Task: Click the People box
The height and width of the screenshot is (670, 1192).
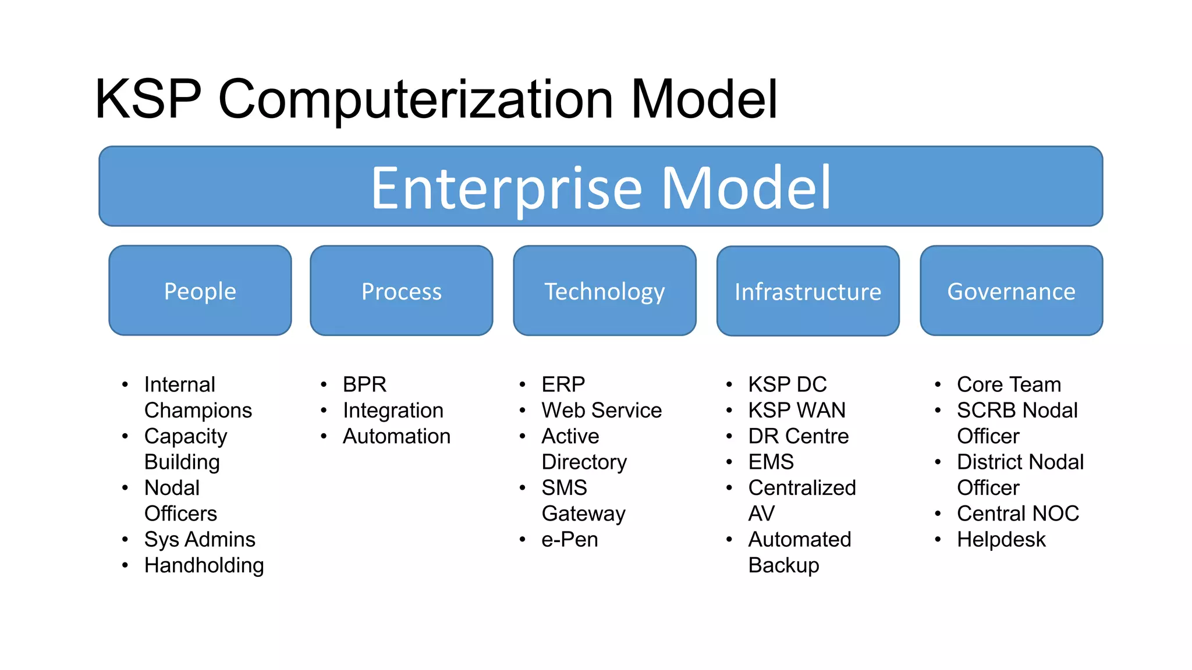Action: click(x=200, y=291)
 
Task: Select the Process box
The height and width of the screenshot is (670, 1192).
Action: click(x=402, y=291)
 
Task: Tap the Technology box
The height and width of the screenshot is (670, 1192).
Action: click(x=605, y=291)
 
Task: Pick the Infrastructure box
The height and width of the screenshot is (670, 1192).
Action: click(x=808, y=291)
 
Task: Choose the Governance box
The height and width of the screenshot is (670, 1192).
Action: click(x=1012, y=291)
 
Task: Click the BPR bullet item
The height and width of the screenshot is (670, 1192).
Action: click(x=364, y=384)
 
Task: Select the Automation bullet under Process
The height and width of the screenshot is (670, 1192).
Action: click(x=396, y=436)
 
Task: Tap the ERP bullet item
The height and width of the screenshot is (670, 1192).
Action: click(x=563, y=384)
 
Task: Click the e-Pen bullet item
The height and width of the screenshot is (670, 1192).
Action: click(x=569, y=539)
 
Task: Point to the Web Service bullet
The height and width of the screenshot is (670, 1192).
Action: click(x=601, y=410)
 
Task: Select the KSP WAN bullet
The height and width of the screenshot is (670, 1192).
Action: click(x=797, y=410)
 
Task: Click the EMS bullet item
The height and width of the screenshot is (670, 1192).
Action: click(x=771, y=462)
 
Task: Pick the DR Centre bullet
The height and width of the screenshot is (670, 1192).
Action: click(x=798, y=436)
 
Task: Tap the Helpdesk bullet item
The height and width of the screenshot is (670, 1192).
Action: click(x=1001, y=539)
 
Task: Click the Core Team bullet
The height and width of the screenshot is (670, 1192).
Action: click(x=1009, y=384)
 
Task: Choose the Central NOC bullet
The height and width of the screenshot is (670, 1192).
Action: click(x=1018, y=514)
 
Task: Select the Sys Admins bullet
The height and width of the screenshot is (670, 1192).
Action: click(x=200, y=539)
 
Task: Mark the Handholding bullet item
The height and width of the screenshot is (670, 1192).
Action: click(x=204, y=565)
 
